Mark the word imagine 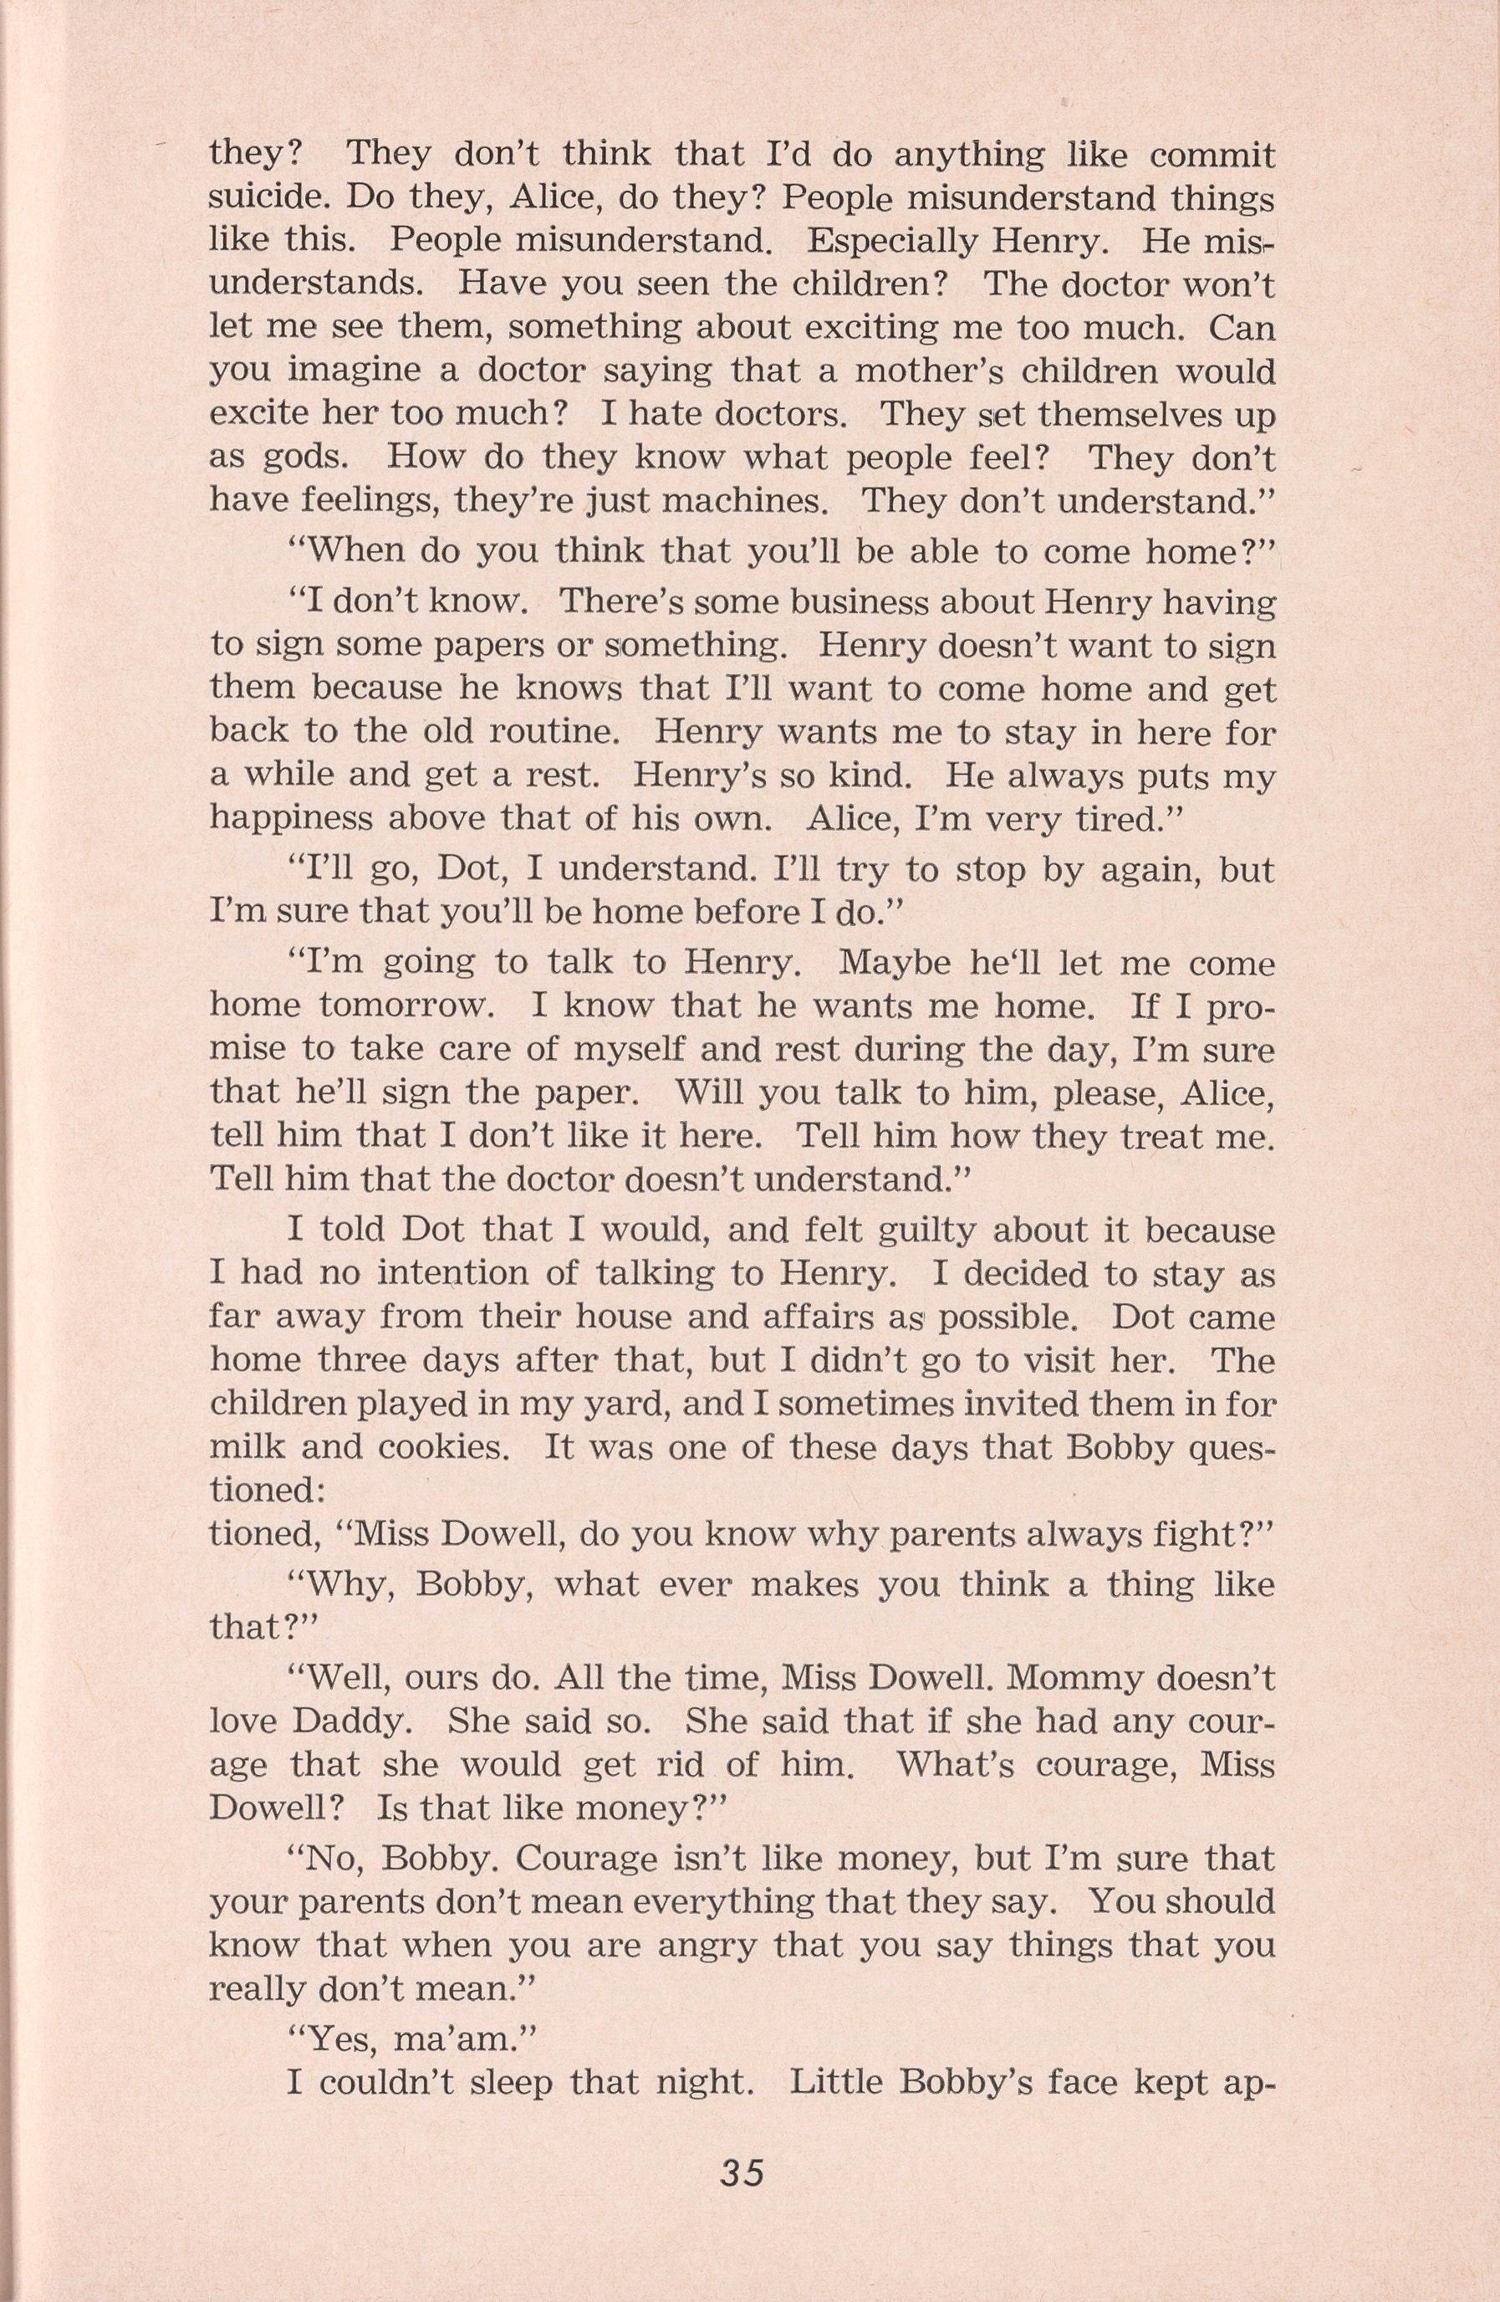316,372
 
